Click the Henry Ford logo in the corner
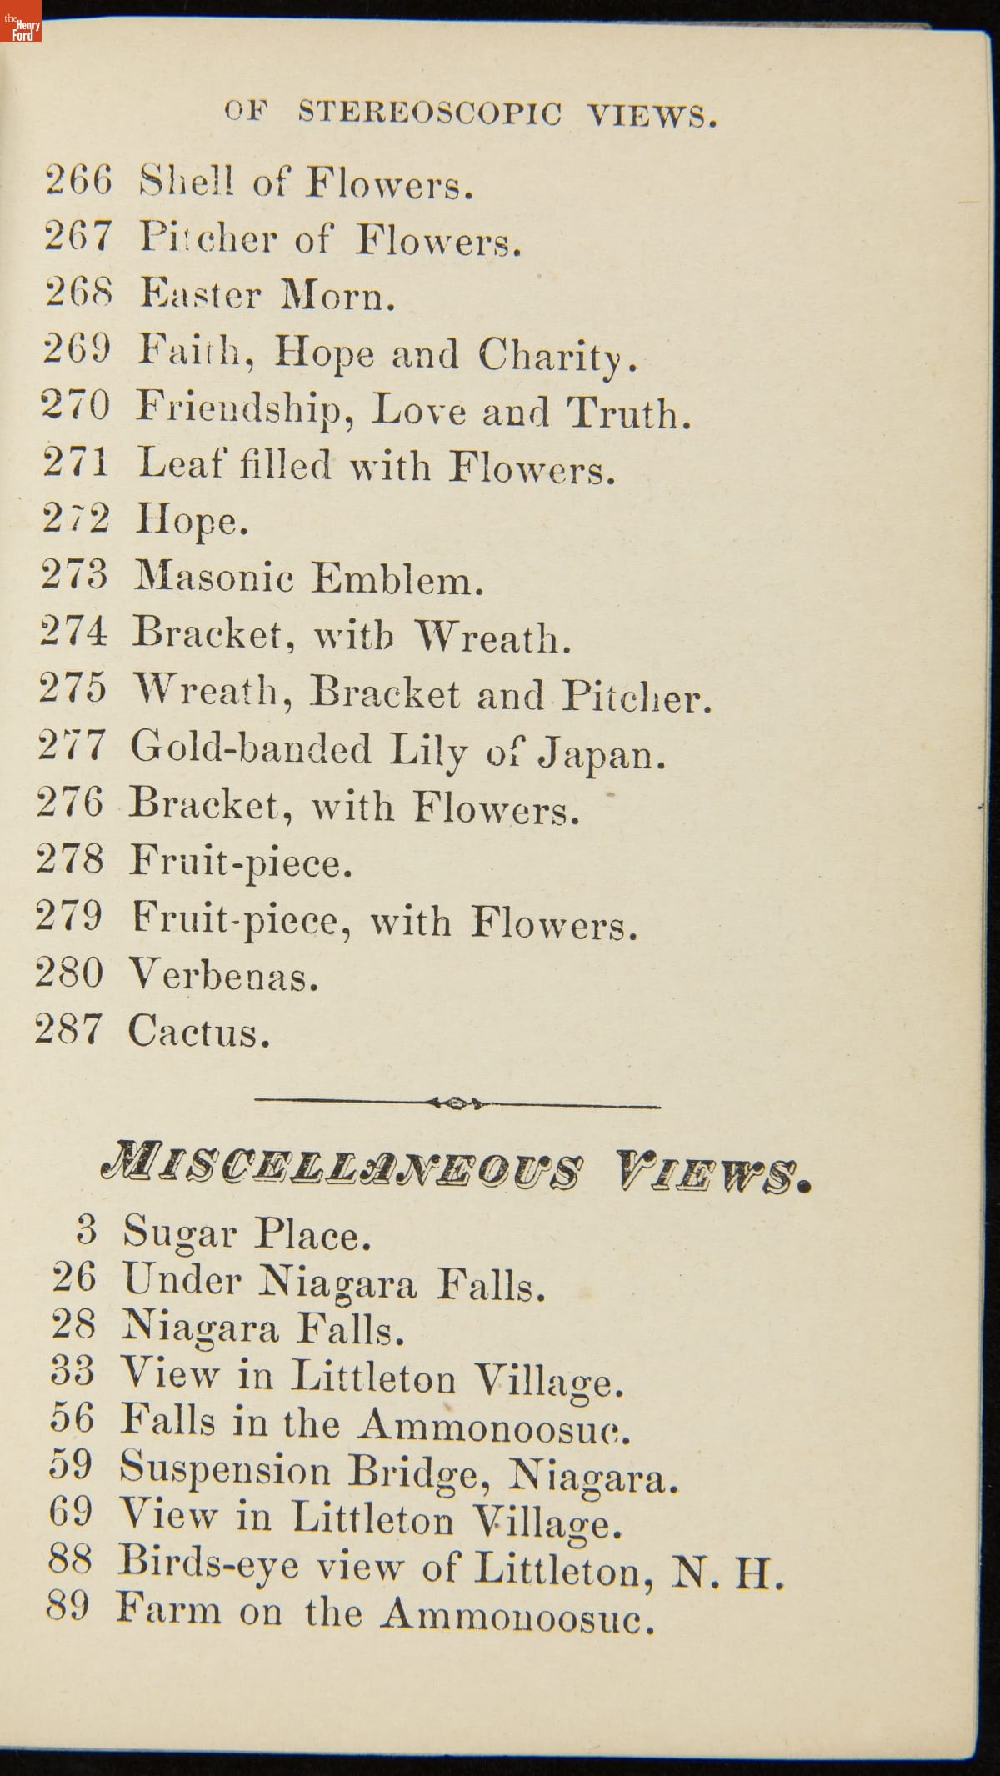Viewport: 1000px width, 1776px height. pos(21,22)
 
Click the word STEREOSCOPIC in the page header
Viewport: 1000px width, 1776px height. pos(430,113)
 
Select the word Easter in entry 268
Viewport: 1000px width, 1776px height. pos(200,294)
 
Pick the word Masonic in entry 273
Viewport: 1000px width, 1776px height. pos(214,577)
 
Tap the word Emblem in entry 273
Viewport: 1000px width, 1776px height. pos(397,578)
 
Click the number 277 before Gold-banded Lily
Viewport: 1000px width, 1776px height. pos(72,745)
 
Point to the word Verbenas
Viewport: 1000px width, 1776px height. pos(223,975)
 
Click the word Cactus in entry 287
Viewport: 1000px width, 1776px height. pos(199,1032)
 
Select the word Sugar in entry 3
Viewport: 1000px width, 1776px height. pos(180,1233)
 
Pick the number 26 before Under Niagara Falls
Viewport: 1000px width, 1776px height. pos(73,1278)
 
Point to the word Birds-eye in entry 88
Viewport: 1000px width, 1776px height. pos(207,1563)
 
